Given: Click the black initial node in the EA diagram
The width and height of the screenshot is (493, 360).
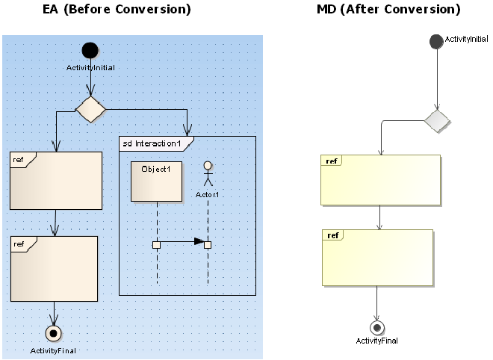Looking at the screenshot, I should click(x=90, y=50).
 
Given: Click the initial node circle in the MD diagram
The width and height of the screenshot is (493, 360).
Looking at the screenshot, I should click(x=436, y=41).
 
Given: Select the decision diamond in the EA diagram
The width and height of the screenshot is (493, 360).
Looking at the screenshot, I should click(x=90, y=109).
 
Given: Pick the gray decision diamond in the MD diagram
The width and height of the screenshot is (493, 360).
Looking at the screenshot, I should click(x=438, y=120).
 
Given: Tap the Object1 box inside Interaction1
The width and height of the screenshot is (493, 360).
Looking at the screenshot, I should click(x=156, y=181).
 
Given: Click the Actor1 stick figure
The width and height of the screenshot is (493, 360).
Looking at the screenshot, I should click(x=208, y=174).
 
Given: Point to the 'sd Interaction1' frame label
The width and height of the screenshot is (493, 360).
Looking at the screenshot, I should click(x=152, y=143).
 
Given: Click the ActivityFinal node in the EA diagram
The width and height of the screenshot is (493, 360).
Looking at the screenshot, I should click(x=54, y=332).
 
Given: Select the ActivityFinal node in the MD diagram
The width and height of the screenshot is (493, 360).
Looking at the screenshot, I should click(x=377, y=327).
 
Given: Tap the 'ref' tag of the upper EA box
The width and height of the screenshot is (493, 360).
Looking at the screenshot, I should click(x=19, y=159).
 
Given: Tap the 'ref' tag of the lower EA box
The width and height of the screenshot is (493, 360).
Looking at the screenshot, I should click(x=19, y=243).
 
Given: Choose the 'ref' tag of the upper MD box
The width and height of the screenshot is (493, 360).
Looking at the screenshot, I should click(x=332, y=161).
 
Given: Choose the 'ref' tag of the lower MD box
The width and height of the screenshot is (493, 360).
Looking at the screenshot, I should click(x=333, y=235).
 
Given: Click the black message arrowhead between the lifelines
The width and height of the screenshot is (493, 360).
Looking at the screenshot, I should click(x=199, y=241).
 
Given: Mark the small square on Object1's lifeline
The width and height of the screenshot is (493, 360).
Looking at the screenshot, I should click(x=156, y=244).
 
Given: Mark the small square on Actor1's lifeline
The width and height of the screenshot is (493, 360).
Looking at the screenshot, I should click(x=208, y=244).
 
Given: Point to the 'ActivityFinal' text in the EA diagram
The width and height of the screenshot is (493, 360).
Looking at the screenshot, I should click(x=53, y=350).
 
